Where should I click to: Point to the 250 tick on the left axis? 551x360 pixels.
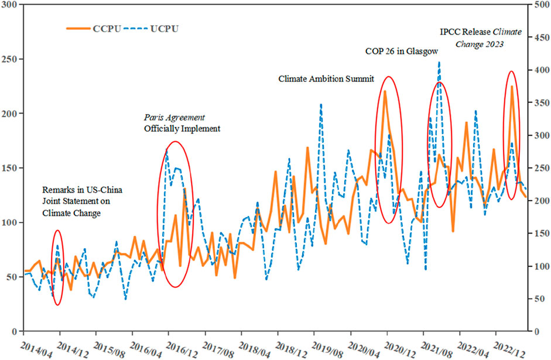point(10,59)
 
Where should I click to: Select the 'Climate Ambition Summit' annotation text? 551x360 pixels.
point(326,78)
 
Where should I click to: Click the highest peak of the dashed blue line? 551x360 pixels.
point(439,63)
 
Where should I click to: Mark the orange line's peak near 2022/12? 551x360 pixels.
point(512,87)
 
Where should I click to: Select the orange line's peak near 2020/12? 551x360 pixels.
point(385,91)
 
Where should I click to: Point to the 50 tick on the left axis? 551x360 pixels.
point(12,277)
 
